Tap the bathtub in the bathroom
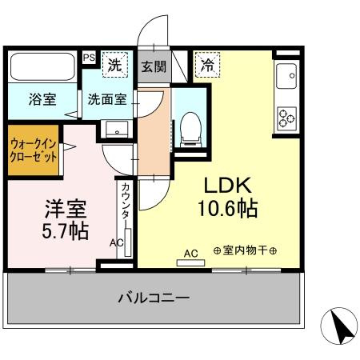click(x=43, y=66)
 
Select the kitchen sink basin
click(x=286, y=76)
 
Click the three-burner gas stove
click(x=287, y=118)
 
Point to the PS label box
click(x=89, y=58)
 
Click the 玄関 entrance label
click(x=154, y=66)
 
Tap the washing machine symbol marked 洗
click(x=115, y=65)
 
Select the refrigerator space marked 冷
click(x=207, y=65)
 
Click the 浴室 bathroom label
click(x=42, y=99)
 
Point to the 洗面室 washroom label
click(x=107, y=99)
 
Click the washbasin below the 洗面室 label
click(x=117, y=130)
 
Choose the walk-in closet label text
click(x=34, y=150)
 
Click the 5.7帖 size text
click(x=66, y=231)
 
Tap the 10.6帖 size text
click(x=227, y=209)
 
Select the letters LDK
click(x=227, y=186)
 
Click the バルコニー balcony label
click(x=154, y=298)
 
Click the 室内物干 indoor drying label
click(x=245, y=250)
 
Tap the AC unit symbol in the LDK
click(x=190, y=263)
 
